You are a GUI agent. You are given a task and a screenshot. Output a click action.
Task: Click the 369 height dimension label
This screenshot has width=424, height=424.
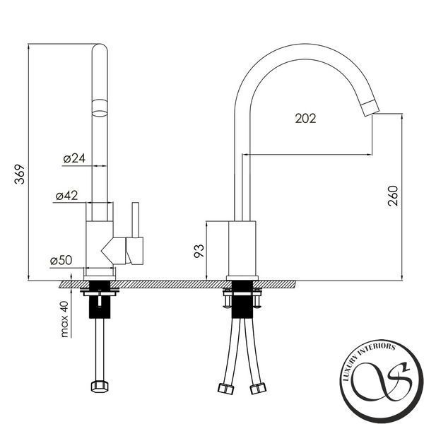[19, 174]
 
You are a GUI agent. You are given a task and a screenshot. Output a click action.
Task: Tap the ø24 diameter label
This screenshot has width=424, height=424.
[74, 158]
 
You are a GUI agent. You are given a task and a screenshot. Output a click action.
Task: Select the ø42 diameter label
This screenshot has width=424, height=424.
[66, 196]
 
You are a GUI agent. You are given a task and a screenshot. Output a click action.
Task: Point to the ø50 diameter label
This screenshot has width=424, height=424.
[61, 260]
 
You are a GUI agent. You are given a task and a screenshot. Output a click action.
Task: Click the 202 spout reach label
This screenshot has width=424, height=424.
[305, 119]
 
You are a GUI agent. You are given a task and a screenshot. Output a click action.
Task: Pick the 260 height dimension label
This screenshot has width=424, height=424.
[393, 196]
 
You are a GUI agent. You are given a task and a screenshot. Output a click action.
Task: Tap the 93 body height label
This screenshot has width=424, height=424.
[199, 251]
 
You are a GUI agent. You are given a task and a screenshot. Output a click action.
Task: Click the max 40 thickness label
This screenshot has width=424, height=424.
[64, 319]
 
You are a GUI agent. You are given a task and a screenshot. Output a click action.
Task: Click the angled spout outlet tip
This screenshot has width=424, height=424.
[371, 108]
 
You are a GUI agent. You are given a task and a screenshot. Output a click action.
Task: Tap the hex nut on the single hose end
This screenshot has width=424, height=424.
[100, 387]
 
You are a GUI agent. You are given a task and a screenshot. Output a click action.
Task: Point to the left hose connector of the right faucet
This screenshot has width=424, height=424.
[225, 388]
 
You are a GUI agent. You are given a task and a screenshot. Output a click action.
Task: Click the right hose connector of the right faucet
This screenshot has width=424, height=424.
[258, 388]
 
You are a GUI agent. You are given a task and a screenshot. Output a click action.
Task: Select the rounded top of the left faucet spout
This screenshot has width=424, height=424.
[100, 48]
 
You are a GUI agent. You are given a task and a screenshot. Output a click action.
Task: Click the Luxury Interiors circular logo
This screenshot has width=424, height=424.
[382, 381]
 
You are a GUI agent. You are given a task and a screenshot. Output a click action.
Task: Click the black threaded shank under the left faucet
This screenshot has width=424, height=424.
[100, 300]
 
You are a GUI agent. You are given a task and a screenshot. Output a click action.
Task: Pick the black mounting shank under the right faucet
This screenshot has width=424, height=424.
[242, 300]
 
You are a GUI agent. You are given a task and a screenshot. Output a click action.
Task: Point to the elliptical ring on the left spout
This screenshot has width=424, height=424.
[100, 108]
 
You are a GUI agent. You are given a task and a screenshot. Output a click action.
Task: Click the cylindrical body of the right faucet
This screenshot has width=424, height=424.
[242, 249]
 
